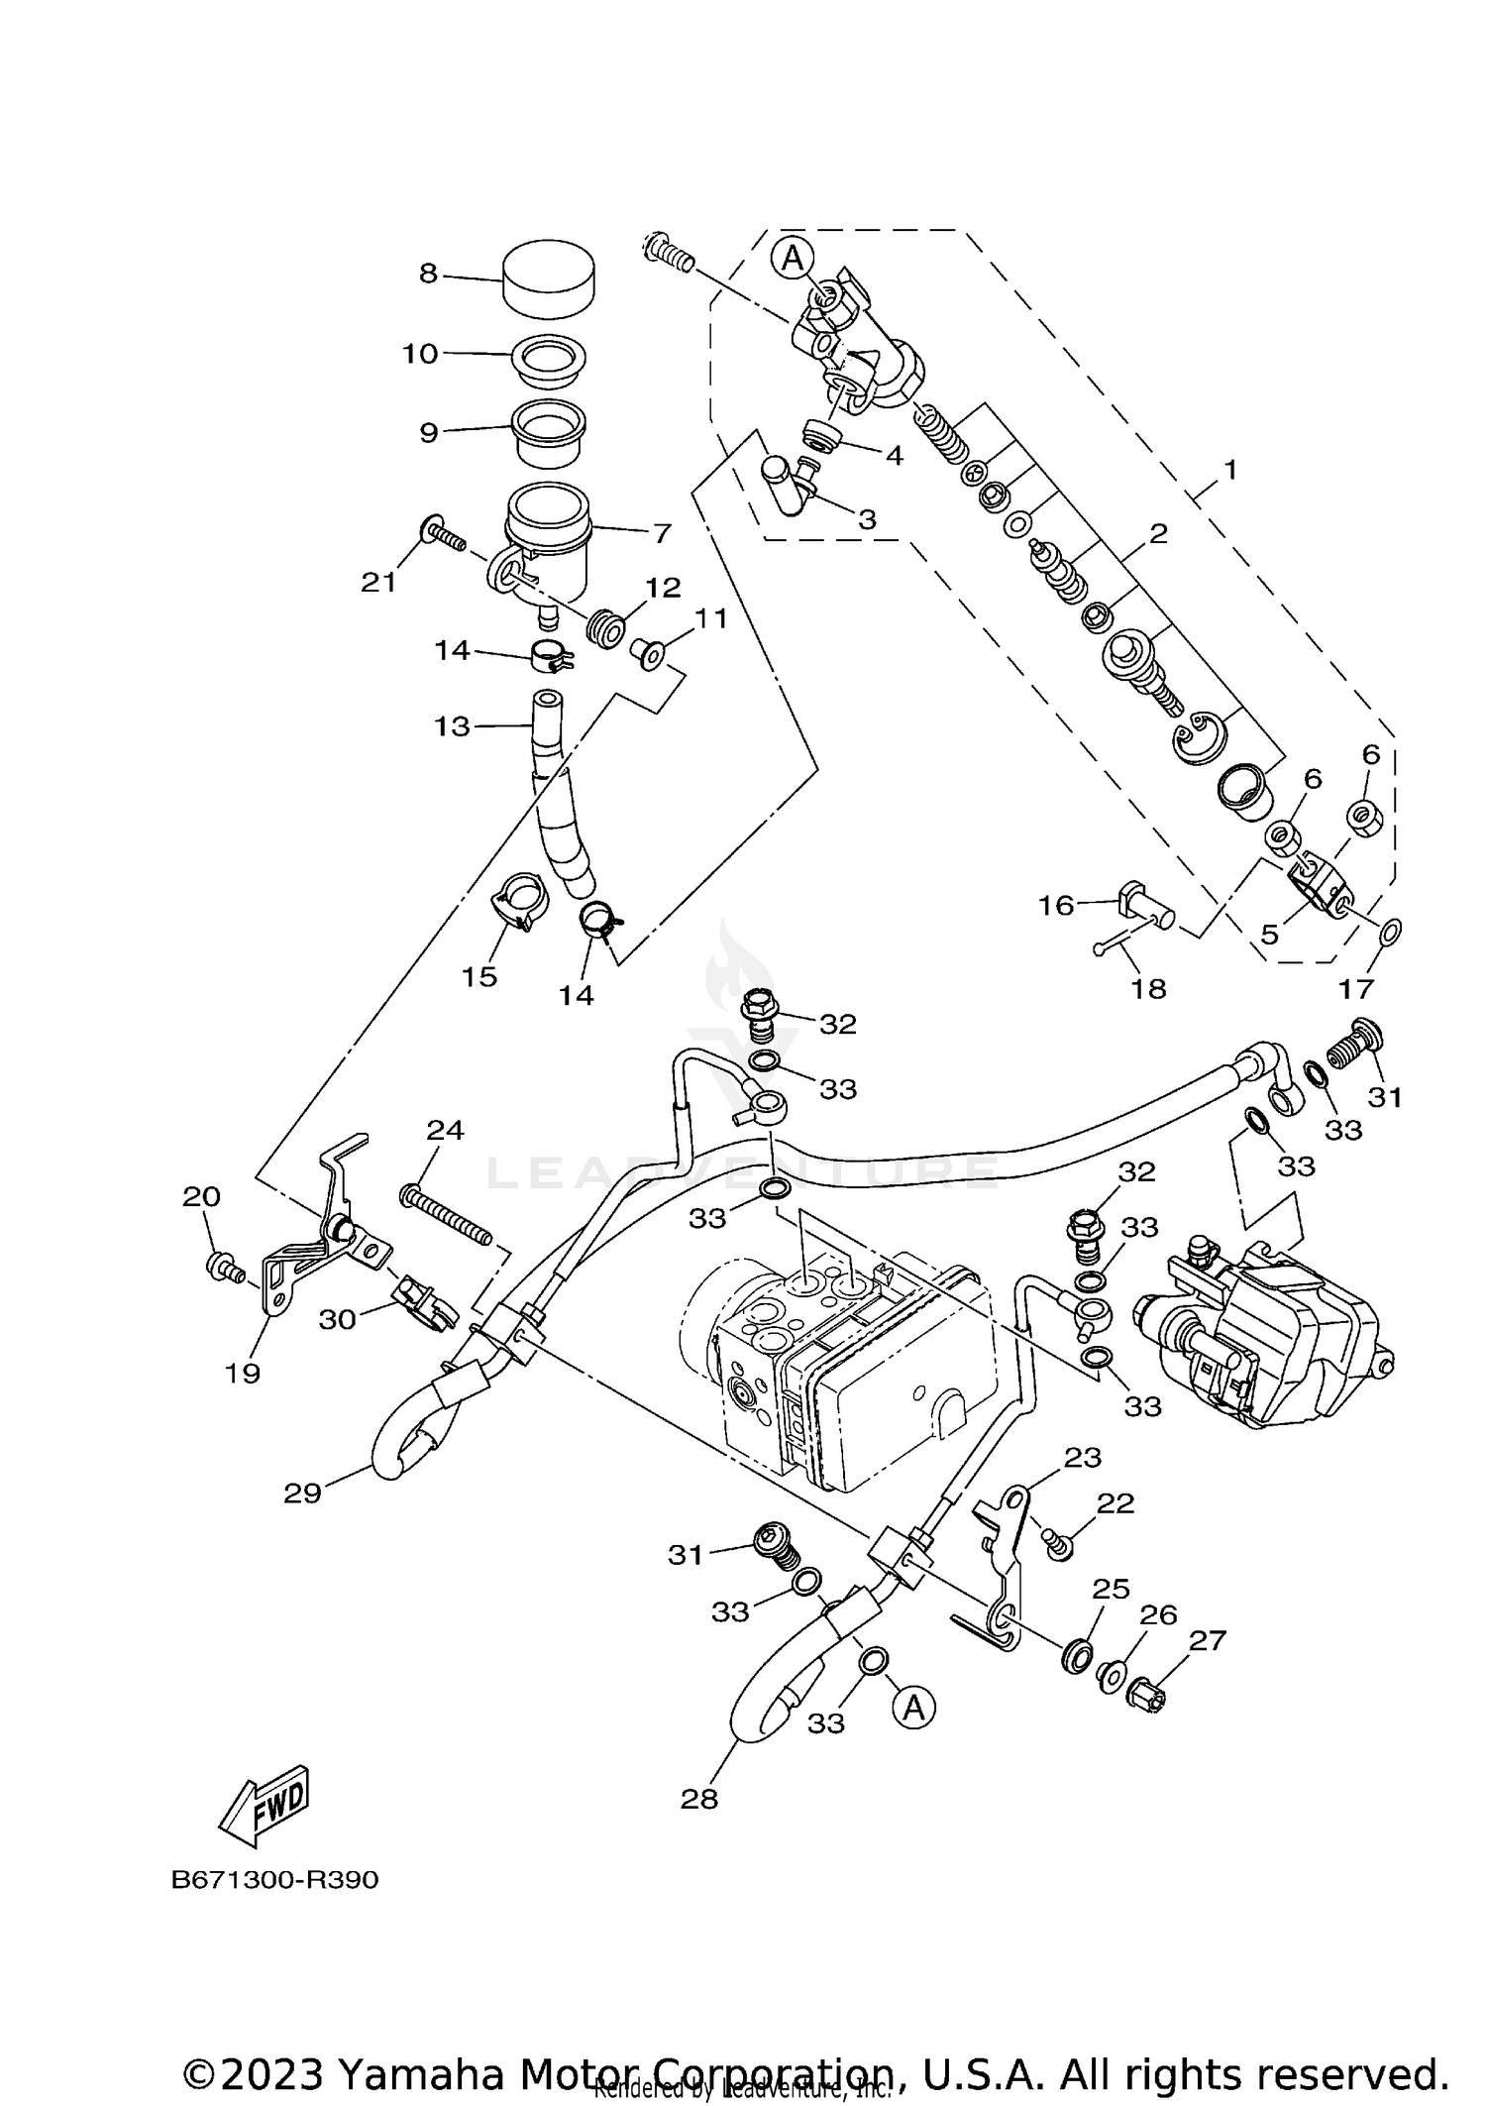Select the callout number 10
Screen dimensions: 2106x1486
click(420, 354)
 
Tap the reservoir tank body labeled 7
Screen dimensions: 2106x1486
click(547, 540)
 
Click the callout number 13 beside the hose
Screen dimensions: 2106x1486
click(452, 726)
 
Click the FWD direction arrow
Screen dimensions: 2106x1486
click(264, 1804)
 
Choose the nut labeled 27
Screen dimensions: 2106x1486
click(1147, 1697)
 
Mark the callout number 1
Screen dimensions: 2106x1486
click(1229, 470)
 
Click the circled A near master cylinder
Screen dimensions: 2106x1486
click(792, 258)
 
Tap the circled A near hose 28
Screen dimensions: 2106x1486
click(913, 1707)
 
